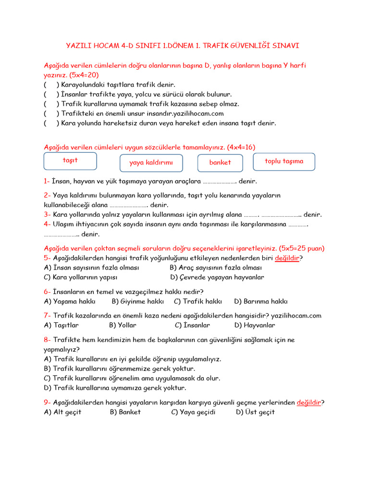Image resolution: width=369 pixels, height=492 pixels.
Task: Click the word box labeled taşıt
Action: pyautogui.click(x=70, y=161)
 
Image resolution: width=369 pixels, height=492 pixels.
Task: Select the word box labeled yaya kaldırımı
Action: pyautogui.click(x=151, y=163)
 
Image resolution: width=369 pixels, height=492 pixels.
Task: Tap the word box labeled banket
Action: pyautogui.click(x=220, y=163)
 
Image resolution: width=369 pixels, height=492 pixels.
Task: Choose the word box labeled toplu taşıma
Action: pyautogui.click(x=284, y=161)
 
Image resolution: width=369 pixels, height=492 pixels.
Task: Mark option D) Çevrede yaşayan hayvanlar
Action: pyautogui.click(x=217, y=277)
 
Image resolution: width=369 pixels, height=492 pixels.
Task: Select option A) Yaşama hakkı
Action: pyautogui.click(x=70, y=301)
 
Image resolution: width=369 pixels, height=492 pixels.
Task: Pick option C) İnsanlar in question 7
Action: pyautogui.click(x=192, y=325)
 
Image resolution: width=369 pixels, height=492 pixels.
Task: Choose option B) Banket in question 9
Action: pyautogui.click(x=125, y=412)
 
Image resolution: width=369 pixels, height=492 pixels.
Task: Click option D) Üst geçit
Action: pyautogui.click(x=255, y=412)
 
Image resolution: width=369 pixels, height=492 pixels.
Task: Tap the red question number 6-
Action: pyautogui.click(x=47, y=292)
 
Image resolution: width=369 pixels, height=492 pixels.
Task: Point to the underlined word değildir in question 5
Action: pyautogui.click(x=287, y=258)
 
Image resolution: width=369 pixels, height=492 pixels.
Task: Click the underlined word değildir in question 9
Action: pyautogui.click(x=308, y=403)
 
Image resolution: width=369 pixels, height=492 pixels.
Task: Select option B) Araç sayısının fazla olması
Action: pyautogui.click(x=216, y=268)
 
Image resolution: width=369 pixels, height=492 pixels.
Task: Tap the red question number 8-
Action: pyautogui.click(x=47, y=340)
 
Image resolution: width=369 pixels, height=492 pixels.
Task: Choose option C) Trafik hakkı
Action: pyautogui.click(x=198, y=301)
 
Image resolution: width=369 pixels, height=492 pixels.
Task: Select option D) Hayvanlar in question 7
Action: pyautogui.click(x=255, y=325)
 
